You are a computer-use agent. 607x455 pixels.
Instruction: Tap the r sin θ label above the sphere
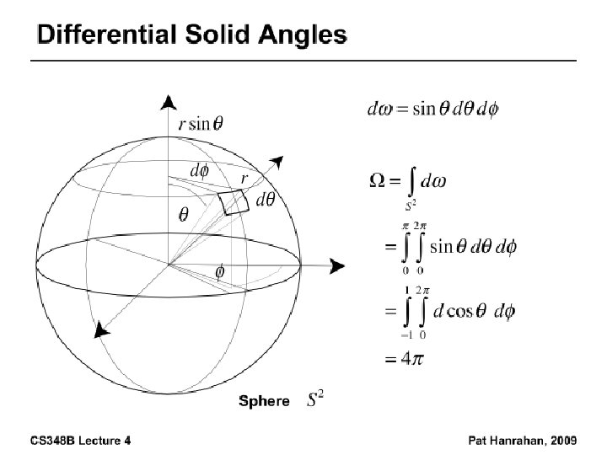tap(201, 123)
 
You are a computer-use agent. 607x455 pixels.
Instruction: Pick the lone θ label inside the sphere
tap(182, 214)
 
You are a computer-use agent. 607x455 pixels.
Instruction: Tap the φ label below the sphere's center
tap(220, 272)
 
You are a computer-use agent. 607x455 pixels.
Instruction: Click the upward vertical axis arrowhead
tap(169, 102)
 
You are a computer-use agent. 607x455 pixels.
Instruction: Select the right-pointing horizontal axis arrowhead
tap(337, 266)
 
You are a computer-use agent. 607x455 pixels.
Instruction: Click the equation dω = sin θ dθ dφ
tap(433, 110)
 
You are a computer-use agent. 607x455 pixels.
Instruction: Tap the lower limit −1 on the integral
tap(406, 334)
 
